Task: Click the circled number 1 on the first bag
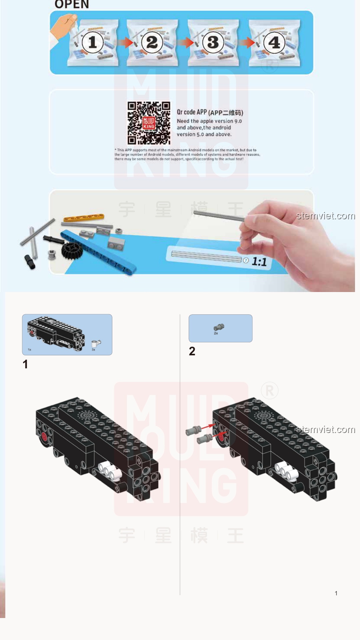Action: (x=93, y=42)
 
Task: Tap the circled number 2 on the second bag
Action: (x=152, y=42)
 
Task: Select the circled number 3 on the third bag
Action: (x=213, y=42)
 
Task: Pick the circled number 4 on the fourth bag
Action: (x=274, y=42)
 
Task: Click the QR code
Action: (x=149, y=123)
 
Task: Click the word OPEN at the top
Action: (x=72, y=4)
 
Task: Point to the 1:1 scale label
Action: (x=259, y=261)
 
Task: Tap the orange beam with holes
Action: (x=84, y=218)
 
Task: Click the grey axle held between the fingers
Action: (x=220, y=216)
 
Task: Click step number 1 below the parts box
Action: (x=25, y=364)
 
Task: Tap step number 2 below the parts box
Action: (x=192, y=351)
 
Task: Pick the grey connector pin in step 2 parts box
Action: (x=219, y=327)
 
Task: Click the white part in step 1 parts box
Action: (x=96, y=343)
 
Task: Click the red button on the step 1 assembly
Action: (x=44, y=436)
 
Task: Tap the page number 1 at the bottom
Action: (x=336, y=593)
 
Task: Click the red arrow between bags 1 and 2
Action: (x=125, y=43)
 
